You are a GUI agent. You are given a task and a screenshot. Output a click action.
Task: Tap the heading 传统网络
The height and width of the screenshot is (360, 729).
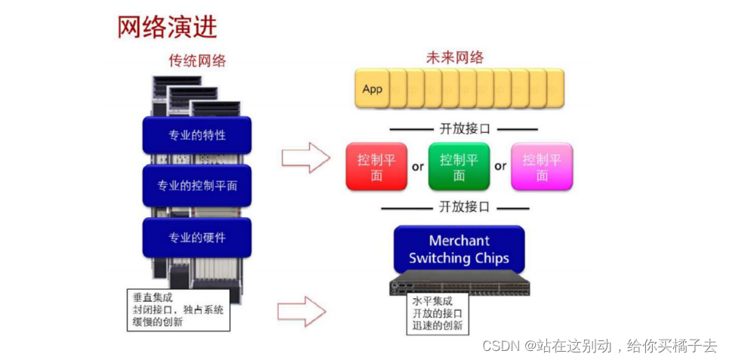click(197, 60)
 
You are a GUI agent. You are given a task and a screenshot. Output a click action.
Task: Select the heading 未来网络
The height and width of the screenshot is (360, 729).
click(455, 57)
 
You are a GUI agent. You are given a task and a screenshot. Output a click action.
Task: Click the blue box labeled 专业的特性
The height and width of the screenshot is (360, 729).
click(197, 135)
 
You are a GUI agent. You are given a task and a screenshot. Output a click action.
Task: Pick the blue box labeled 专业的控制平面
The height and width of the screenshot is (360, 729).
click(197, 185)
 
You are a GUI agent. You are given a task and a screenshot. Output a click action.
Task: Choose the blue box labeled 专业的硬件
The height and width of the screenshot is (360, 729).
click(197, 237)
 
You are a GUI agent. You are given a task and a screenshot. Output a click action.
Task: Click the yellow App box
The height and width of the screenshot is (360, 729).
click(373, 89)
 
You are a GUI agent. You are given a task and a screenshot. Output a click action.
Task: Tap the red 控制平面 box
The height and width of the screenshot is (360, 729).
click(377, 167)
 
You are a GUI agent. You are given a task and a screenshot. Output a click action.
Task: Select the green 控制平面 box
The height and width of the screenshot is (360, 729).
click(459, 167)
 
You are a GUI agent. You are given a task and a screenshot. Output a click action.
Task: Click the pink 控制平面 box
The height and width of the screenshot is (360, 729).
click(542, 167)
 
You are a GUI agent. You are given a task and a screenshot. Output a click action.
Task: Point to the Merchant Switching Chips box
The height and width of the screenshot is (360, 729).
click(459, 249)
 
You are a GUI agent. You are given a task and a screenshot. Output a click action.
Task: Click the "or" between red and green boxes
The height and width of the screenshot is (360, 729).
click(417, 167)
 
